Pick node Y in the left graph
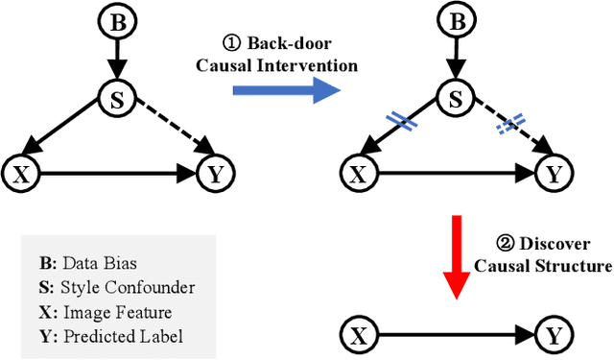click(x=213, y=175)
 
